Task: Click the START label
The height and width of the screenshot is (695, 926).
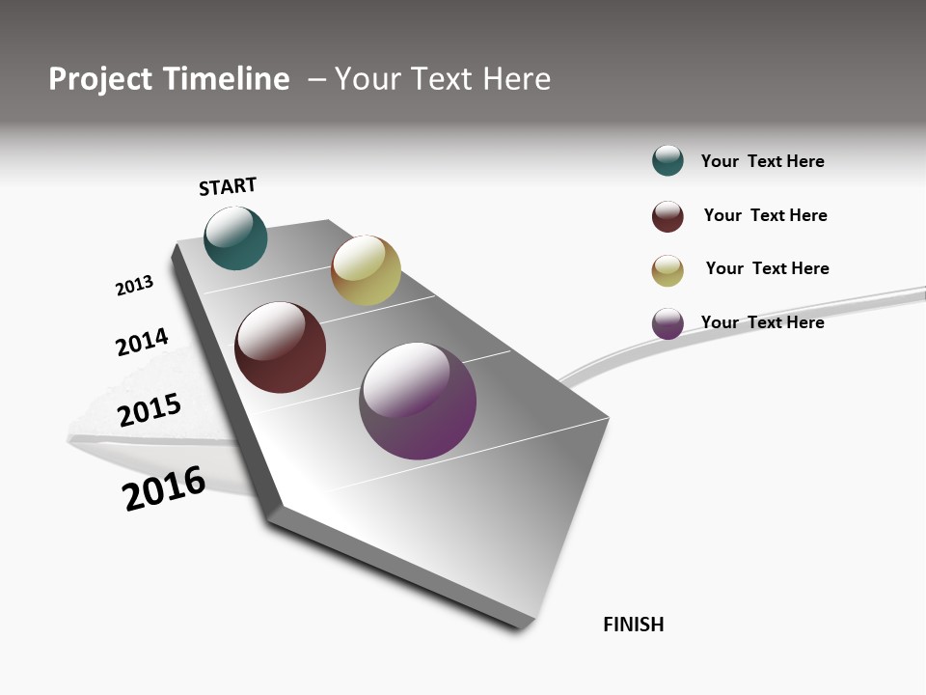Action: [x=228, y=186]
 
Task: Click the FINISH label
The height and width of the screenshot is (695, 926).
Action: [x=633, y=625]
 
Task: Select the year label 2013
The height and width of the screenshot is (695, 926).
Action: [x=134, y=286]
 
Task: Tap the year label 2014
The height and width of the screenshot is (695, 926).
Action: [x=142, y=343]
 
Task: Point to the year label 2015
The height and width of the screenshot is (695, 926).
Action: [x=150, y=409]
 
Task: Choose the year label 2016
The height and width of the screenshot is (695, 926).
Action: [x=164, y=488]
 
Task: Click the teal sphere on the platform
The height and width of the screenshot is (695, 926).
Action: [x=235, y=237]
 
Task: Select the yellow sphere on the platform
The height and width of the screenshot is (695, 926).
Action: [x=366, y=270]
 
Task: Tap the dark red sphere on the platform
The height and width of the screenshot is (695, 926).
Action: [x=280, y=347]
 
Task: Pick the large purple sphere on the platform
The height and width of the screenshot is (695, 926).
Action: [x=418, y=401]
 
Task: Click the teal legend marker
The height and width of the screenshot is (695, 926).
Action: [x=667, y=161]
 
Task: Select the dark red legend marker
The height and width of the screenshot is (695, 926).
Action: [x=667, y=216]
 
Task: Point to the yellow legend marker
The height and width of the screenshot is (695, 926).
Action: [x=667, y=270]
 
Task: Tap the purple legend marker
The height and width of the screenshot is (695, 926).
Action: [x=667, y=323]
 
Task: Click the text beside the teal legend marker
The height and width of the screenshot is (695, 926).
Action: [x=762, y=161]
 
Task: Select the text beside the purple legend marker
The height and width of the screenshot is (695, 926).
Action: [x=762, y=322]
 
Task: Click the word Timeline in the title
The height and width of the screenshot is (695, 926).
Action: [x=226, y=79]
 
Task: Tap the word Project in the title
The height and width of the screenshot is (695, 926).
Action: [x=100, y=79]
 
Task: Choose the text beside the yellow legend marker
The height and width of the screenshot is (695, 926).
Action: [x=767, y=268]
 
